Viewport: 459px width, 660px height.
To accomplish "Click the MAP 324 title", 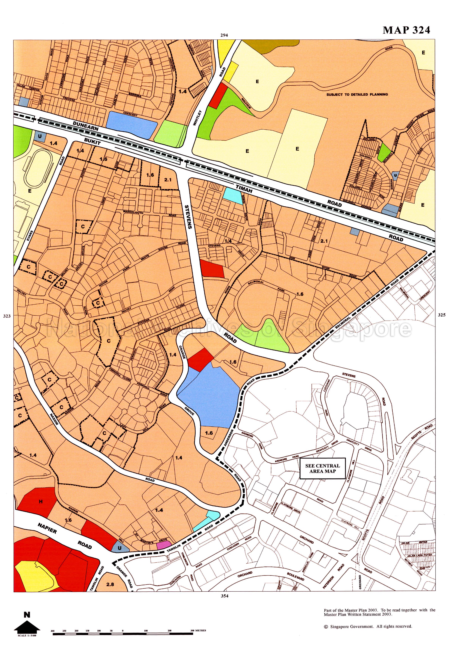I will [x=406, y=30].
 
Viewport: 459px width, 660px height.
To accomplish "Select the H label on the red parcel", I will [x=41, y=502].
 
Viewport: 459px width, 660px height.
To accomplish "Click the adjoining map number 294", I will [x=224, y=35].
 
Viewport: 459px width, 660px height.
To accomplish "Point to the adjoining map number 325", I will [x=442, y=315].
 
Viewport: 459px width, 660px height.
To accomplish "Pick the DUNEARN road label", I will [x=86, y=126].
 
